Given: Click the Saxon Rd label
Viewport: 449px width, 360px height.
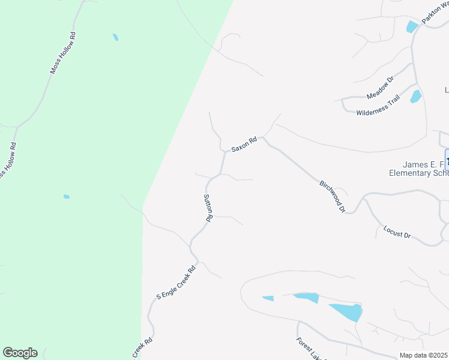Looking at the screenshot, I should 244,144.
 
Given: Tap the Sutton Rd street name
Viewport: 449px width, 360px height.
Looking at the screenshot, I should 208,208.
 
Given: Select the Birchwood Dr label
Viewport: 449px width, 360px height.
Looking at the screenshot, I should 333,195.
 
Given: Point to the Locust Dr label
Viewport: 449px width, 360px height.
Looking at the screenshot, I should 397,232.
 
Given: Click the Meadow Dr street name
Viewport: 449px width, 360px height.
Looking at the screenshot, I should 380,88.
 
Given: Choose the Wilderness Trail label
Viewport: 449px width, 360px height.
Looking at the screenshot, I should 378,108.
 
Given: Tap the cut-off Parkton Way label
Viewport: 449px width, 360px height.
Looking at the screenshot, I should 435,13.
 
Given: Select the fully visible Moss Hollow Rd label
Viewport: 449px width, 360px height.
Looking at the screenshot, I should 64,53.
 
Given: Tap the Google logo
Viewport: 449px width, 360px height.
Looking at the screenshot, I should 20,353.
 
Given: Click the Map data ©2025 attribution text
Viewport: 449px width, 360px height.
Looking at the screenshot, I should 423,355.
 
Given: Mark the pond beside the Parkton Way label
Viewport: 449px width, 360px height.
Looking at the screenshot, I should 412,26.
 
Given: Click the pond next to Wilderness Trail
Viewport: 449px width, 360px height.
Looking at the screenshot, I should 415,96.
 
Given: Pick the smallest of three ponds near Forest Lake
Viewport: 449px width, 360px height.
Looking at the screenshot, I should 268,298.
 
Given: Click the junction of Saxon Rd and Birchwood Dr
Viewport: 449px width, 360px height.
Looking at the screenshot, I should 264,139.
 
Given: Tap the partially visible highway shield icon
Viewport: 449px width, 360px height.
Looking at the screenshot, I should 447,160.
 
